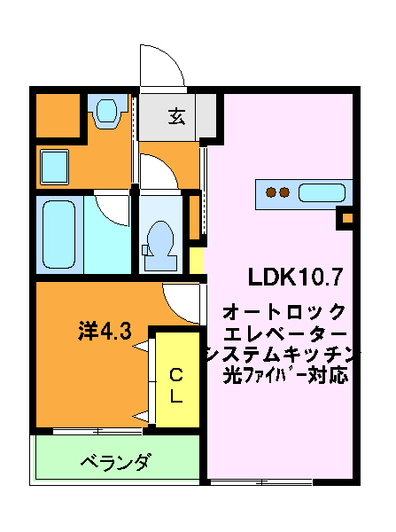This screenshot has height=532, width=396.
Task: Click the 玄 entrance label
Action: click(x=177, y=116)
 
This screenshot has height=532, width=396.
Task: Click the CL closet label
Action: click(x=176, y=384)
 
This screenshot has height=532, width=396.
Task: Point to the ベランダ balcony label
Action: click(x=114, y=462)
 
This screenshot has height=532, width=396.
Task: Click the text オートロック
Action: click(x=285, y=312)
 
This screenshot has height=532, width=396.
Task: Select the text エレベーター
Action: click(x=285, y=334)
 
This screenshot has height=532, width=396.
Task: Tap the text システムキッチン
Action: click(x=282, y=356)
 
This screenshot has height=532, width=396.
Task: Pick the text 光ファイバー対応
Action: click(x=285, y=375)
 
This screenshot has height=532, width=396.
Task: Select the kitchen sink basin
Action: click(x=324, y=192)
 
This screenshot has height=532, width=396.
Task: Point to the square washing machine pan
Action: click(x=54, y=166)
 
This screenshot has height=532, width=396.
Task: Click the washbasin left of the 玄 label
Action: click(x=107, y=113)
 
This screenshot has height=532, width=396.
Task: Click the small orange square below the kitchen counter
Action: click(x=347, y=217)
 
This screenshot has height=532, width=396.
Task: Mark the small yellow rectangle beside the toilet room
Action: click(x=196, y=262)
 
